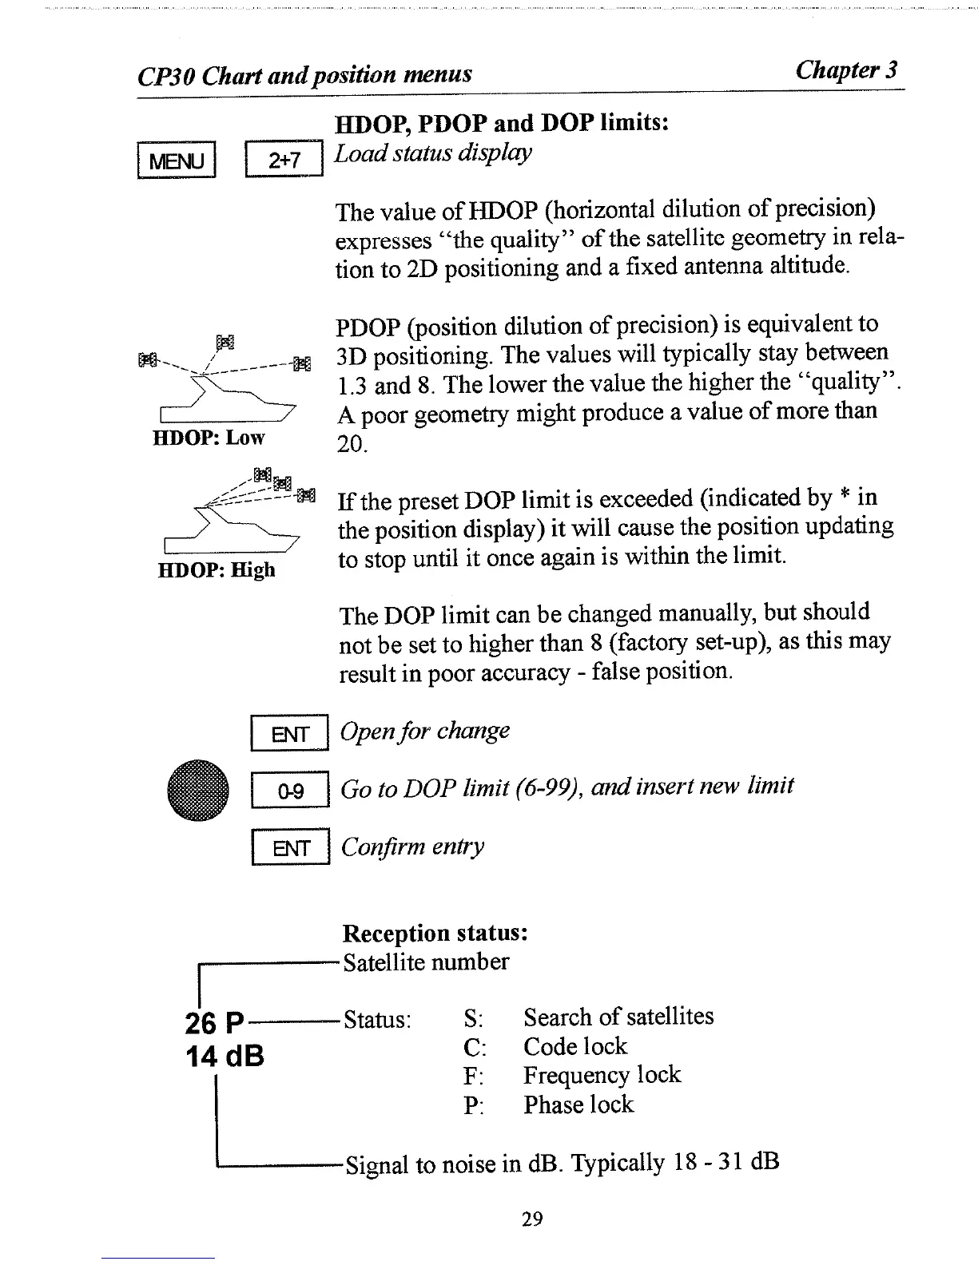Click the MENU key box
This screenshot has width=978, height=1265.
pos(177,161)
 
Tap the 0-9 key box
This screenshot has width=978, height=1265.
pos(290,791)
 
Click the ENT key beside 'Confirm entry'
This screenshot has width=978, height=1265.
pos(290,848)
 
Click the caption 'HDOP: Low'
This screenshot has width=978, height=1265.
pos(209,438)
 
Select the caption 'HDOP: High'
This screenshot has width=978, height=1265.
pos(216,570)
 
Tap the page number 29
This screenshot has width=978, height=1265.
pos(532,1219)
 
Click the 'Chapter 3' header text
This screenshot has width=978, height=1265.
pos(846,70)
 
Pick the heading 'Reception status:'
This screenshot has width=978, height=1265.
pos(435,933)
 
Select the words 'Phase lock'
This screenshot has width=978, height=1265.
pos(578,1105)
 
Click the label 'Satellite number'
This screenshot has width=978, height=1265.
pos(426,962)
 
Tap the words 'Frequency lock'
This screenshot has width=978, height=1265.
pos(602,1075)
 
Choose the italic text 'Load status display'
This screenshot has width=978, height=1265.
pos(433,153)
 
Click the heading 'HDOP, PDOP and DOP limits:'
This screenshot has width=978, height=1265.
pos(501,123)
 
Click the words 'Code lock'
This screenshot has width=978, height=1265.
pos(575,1046)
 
